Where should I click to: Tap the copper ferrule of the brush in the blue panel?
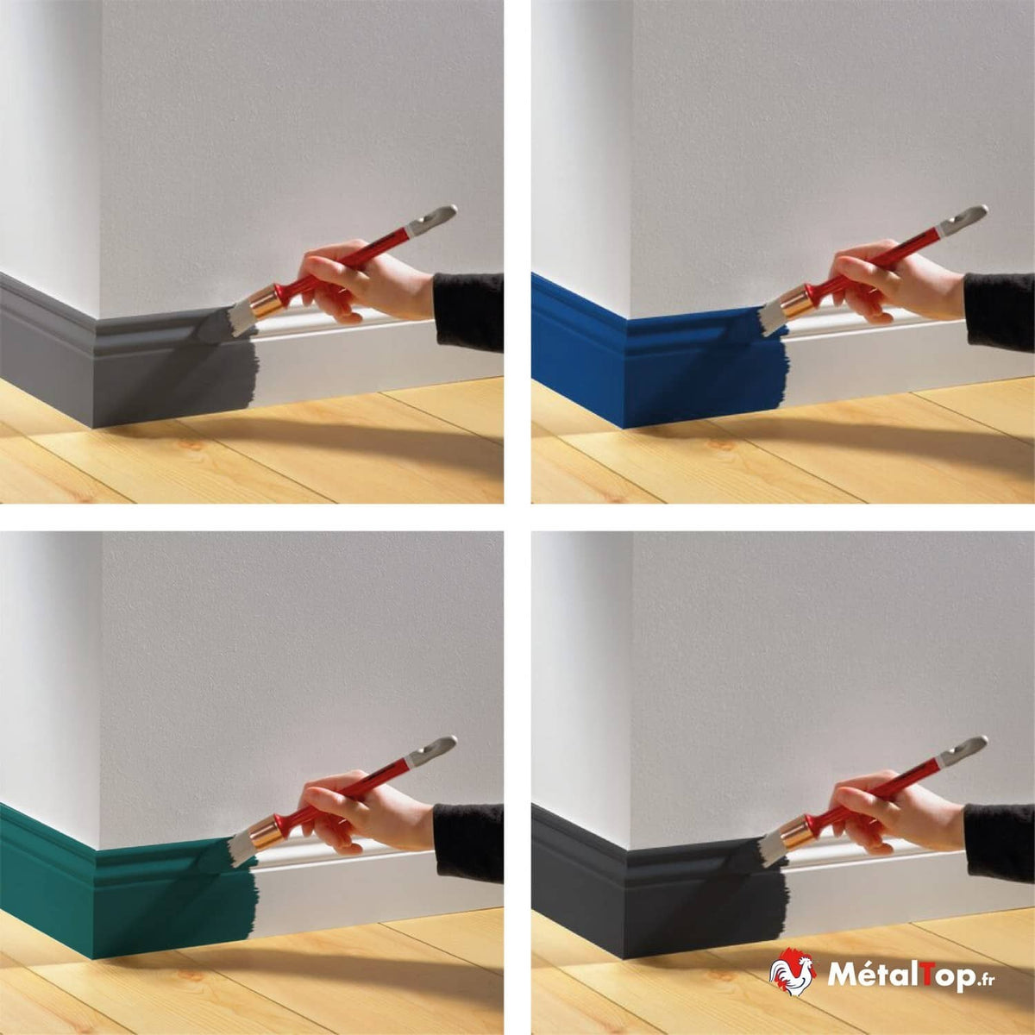tap(798, 300)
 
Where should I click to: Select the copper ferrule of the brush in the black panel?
tap(798, 831)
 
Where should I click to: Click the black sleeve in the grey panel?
tap(468, 311)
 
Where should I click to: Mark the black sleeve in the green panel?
tap(468, 843)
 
